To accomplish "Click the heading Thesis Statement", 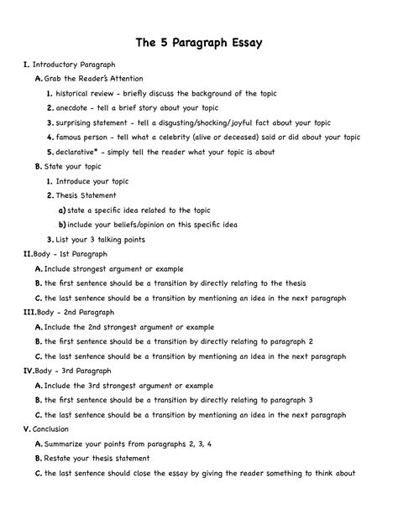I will point(86,195).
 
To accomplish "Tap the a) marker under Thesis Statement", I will point(62,210).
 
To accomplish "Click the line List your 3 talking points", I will point(100,239).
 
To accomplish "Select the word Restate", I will point(59,459).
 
